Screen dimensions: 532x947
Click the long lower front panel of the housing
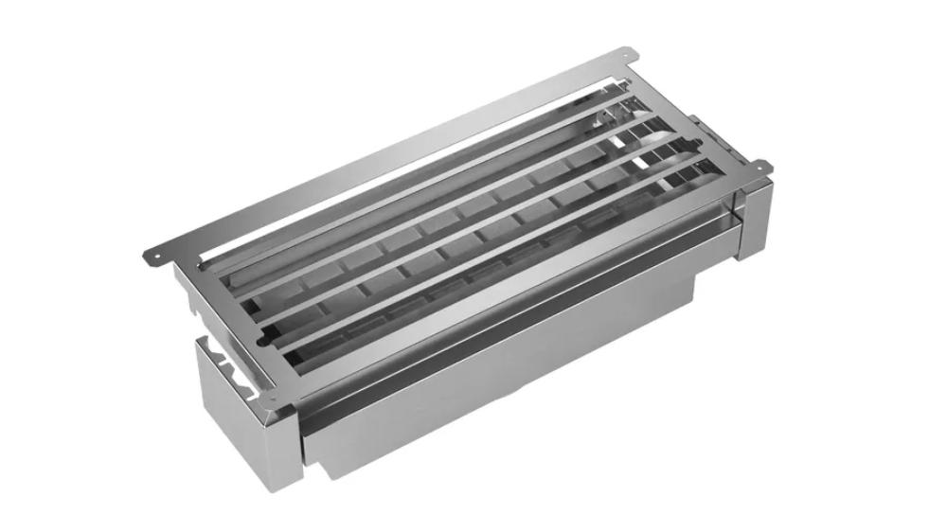(502, 379)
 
